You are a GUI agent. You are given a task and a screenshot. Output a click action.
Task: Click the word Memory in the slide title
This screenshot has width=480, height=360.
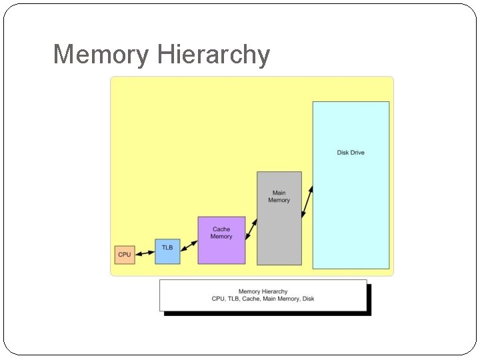pos(101,55)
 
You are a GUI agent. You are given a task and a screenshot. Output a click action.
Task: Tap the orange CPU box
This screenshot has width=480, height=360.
pos(124,255)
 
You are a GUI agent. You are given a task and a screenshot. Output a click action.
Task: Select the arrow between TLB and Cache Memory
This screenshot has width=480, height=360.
pos(189,246)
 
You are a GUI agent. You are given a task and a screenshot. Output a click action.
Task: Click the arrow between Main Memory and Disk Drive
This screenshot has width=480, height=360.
pos(307,202)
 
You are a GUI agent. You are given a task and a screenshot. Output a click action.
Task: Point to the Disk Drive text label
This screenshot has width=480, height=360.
pos(351,153)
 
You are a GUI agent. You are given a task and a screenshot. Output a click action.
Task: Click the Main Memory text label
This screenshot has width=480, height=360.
pos(279,197)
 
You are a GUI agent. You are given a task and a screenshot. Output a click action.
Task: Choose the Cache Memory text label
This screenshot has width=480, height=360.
pos(221,233)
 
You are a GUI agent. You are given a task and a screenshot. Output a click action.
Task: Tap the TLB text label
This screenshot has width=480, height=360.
pos(167,247)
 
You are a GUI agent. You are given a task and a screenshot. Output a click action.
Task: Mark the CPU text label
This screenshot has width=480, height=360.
pos(124,255)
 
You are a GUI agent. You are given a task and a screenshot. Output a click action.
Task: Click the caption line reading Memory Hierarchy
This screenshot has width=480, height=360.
pos(263,291)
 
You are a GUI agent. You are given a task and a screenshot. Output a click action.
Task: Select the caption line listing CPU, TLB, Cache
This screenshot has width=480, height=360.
pos(263,299)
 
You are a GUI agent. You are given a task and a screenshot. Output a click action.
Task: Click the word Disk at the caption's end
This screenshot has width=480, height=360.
pos(308,299)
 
